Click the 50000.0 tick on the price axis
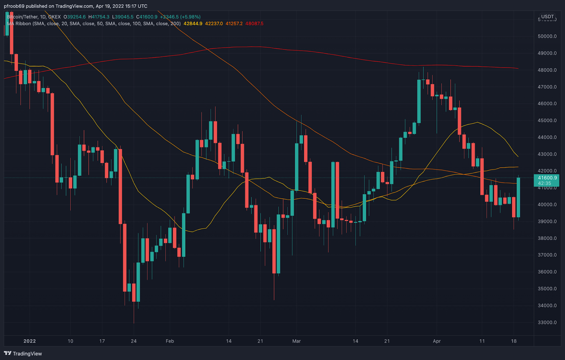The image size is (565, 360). coord(547,36)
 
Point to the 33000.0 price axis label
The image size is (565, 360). coord(547,322)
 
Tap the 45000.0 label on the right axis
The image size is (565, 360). coord(547,120)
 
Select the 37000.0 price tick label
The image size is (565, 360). coord(547,255)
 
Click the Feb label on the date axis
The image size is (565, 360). coord(170,341)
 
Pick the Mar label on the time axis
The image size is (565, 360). coord(297,341)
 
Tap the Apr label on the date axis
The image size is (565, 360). coord(437,341)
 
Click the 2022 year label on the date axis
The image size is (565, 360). coord(30,341)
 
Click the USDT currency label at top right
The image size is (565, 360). coord(548,17)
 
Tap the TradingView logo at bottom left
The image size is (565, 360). coord(23,353)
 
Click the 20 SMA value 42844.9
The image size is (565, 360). coord(193,24)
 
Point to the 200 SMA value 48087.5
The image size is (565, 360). coord(254,24)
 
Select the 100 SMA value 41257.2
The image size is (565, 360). coord(234,24)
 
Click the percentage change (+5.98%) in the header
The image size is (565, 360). coord(190,17)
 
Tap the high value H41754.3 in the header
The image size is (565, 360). coord(99,17)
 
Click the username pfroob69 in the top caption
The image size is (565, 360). coord(14,6)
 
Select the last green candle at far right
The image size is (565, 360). coord(518,198)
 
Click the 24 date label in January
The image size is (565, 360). coord(133,341)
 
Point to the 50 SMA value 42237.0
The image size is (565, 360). coord(214,24)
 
